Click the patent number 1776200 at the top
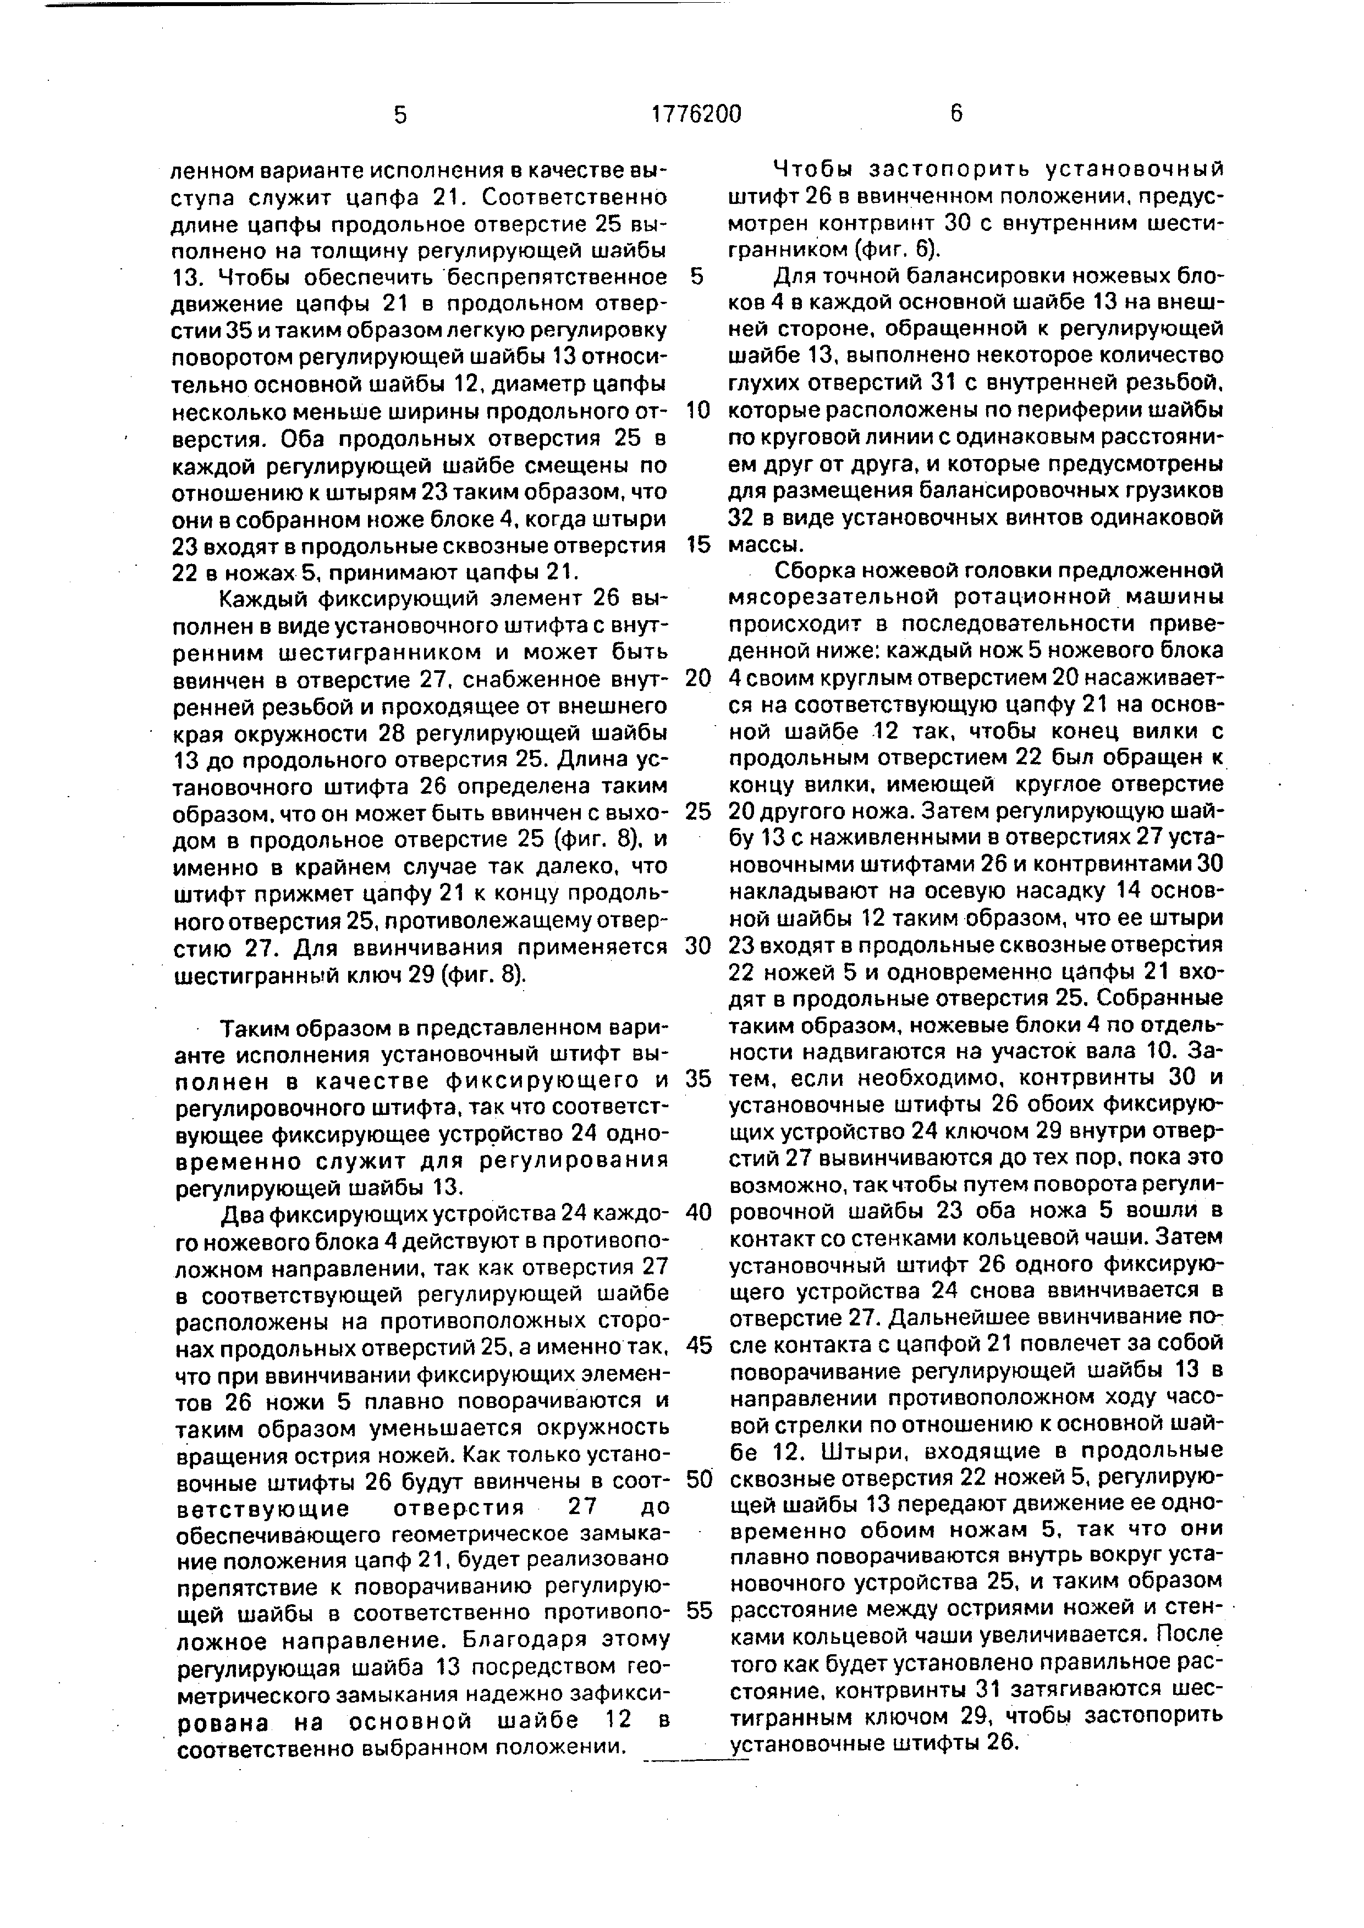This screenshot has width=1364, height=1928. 696,114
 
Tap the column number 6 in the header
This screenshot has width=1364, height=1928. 956,114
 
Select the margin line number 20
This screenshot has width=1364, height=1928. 698,678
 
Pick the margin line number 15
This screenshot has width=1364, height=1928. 698,545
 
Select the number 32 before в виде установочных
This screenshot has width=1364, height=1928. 743,518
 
